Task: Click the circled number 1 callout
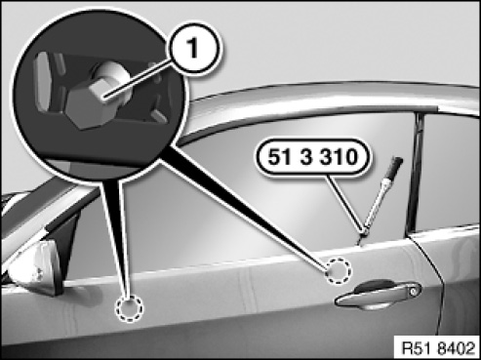point(193,49)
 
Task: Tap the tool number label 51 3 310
point(312,157)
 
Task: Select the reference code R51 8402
point(438,348)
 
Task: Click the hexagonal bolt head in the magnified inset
point(85,104)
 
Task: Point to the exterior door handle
point(379,295)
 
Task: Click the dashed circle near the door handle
point(339,271)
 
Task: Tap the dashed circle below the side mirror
point(129,308)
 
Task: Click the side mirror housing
point(34,266)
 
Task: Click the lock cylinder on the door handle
point(414,291)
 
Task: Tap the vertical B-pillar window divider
point(416,173)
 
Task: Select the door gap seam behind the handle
point(431,276)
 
